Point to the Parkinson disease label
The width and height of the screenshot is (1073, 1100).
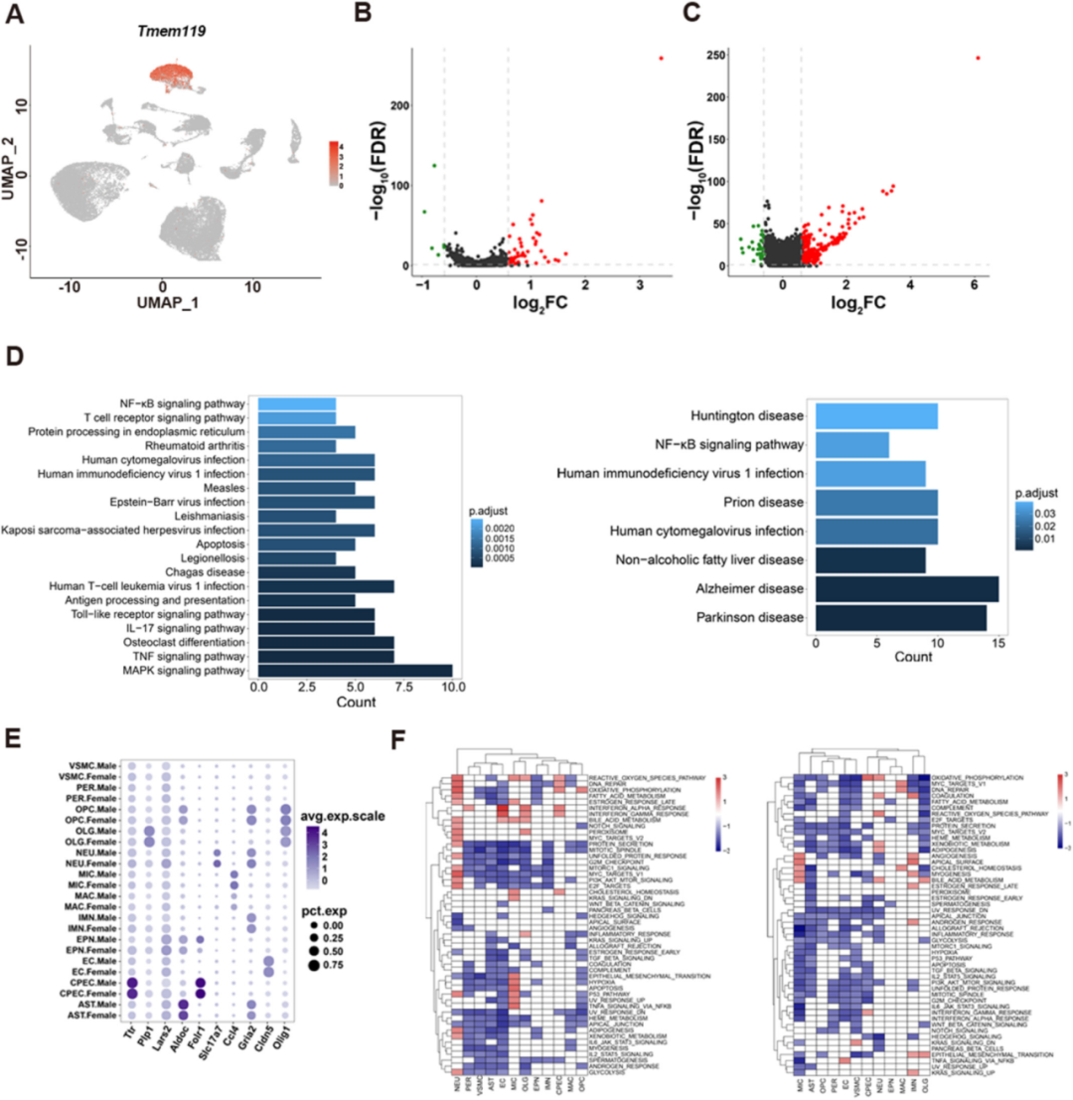pyautogui.click(x=732, y=619)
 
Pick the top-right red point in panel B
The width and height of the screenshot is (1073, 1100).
pyautogui.click(x=660, y=59)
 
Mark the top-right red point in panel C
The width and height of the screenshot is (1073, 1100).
pyautogui.click(x=978, y=58)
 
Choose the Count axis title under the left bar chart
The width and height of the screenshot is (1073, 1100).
pyautogui.click(x=355, y=706)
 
